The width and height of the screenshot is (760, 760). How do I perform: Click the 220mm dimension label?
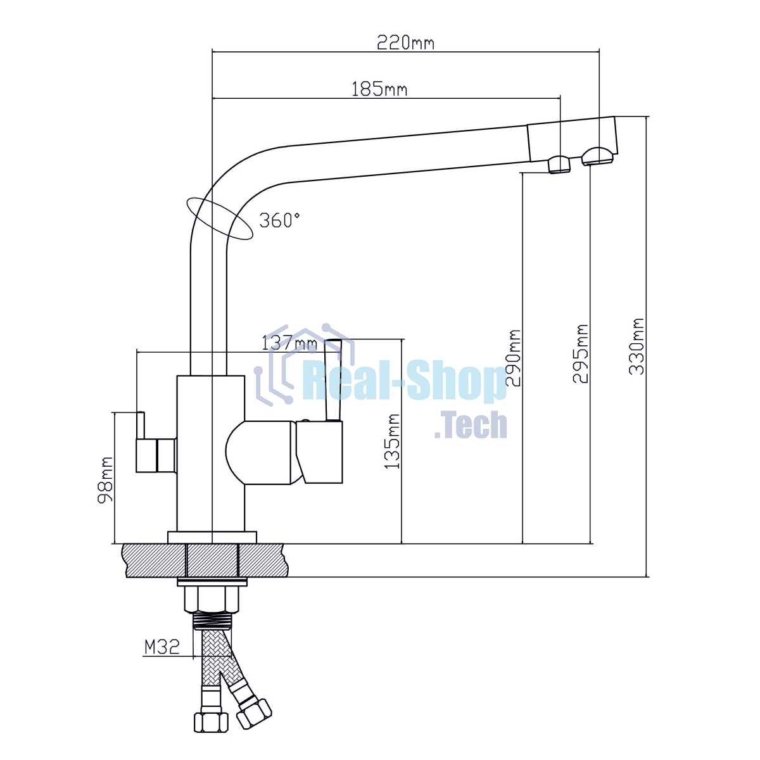pyautogui.click(x=405, y=42)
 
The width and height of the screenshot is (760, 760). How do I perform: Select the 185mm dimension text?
pyautogui.click(x=379, y=89)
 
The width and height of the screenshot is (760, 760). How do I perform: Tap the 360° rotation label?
pyautogui.click(x=279, y=220)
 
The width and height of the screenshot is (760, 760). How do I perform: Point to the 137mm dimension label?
pyautogui.click(x=289, y=343)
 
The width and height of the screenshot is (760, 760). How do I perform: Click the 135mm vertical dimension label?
pyautogui.click(x=392, y=441)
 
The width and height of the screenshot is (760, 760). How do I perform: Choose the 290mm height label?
pyautogui.click(x=513, y=358)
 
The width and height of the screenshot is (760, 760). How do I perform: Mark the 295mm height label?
pyautogui.click(x=580, y=354)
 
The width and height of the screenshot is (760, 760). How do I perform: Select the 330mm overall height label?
pyautogui.click(x=636, y=346)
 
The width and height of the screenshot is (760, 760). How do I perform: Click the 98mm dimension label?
pyautogui.click(x=105, y=479)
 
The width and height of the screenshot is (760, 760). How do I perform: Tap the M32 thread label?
pyautogui.click(x=162, y=647)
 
